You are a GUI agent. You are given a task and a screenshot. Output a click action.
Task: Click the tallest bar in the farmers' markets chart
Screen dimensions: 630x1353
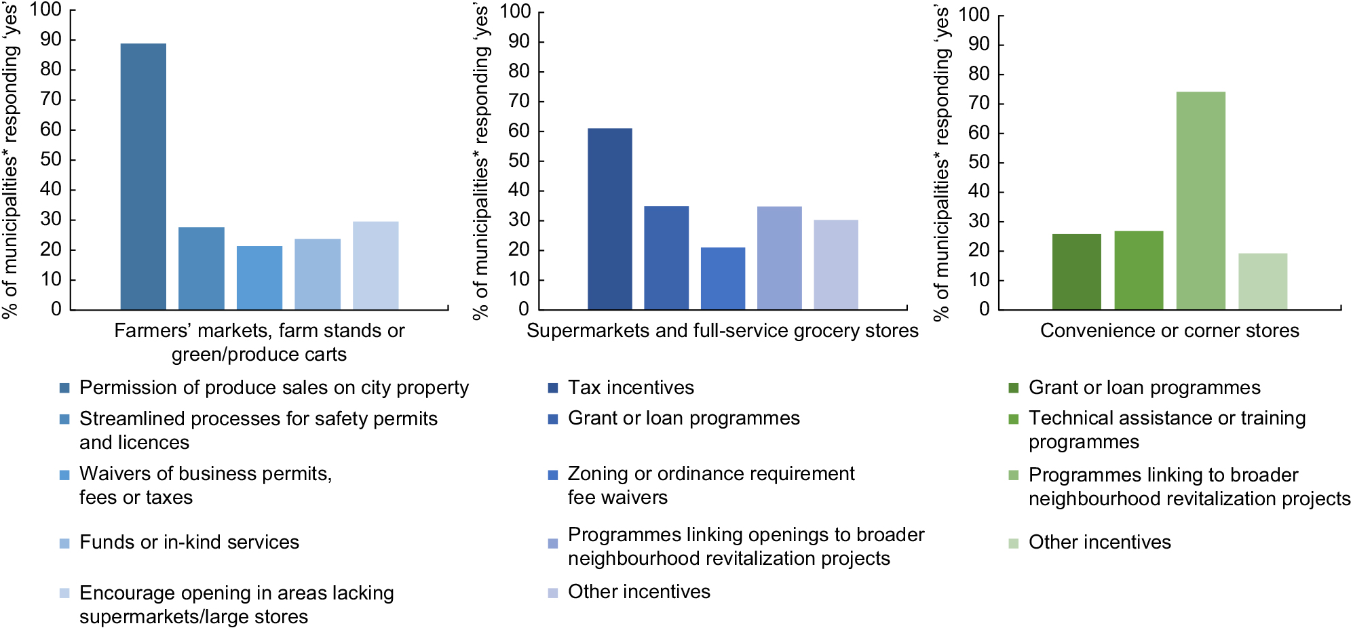tap(143, 176)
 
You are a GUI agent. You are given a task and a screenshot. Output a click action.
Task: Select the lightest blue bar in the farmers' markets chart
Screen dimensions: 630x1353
tap(375, 265)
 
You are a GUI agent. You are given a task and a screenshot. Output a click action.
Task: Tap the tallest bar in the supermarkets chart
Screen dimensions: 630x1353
tap(609, 218)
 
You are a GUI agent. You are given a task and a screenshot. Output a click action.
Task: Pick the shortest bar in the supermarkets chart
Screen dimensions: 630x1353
tap(723, 278)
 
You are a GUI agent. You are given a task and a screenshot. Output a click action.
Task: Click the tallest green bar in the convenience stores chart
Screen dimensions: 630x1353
tap(1200, 201)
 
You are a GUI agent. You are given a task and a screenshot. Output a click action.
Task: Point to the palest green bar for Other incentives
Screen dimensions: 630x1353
tap(1262, 281)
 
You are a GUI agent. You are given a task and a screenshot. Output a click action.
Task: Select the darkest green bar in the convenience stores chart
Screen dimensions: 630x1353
tap(1076, 271)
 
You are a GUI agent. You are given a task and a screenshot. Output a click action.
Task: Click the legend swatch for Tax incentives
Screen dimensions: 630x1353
tap(553, 388)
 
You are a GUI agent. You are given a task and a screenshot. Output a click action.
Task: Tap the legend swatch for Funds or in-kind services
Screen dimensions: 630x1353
tap(64, 543)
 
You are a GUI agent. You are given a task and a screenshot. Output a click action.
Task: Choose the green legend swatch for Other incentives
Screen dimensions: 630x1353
tap(1014, 543)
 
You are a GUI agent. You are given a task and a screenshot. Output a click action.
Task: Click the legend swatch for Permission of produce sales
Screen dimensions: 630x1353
tap(64, 388)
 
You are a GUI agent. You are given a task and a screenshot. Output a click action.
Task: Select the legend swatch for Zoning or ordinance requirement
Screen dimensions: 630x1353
tap(553, 475)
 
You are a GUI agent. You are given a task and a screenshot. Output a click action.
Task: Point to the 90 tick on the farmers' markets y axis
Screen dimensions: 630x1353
tap(51, 39)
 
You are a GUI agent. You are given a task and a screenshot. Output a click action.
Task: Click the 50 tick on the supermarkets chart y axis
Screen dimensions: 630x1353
tap(519, 161)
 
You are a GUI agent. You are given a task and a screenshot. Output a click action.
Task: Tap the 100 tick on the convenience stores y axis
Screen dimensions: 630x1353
tap(974, 15)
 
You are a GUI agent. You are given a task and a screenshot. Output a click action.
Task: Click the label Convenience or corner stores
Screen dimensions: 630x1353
tap(1169, 331)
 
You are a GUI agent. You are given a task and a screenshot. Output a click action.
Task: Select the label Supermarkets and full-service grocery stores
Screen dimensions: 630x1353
tap(722, 331)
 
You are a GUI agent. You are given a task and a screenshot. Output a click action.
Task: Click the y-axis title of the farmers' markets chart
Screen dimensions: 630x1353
tap(11, 159)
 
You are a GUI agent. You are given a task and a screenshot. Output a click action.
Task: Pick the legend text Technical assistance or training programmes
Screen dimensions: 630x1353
tap(1166, 430)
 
